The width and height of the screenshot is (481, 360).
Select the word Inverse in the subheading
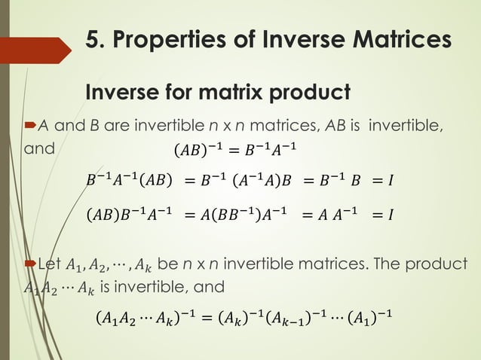[122, 93]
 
